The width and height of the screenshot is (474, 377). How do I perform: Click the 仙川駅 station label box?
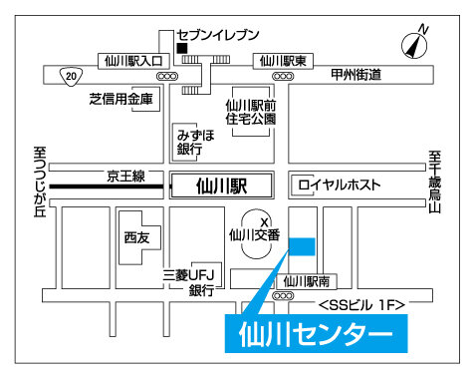point(221,185)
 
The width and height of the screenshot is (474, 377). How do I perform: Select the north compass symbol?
point(414,44)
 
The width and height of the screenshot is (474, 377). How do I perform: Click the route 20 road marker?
point(69,74)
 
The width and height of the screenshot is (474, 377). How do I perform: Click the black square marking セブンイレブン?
point(180,47)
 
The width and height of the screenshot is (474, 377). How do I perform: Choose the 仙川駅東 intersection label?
point(284,60)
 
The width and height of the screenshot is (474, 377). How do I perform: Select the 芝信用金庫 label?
point(120,99)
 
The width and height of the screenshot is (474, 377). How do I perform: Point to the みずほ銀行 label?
point(189,141)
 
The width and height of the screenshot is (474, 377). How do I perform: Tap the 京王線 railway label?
point(126,177)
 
